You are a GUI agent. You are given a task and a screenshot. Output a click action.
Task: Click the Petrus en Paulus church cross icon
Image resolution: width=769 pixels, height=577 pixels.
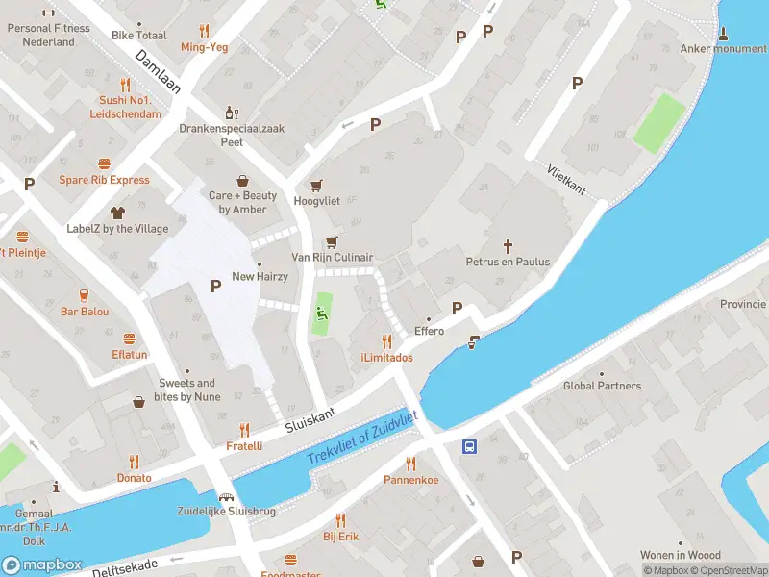509,245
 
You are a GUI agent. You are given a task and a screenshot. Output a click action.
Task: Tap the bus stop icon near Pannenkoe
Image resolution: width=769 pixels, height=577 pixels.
470,447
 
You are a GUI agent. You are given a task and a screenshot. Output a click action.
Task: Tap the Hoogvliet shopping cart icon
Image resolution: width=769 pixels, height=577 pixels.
316,186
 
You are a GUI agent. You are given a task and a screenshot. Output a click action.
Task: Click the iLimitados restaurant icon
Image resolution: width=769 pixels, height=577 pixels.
386,341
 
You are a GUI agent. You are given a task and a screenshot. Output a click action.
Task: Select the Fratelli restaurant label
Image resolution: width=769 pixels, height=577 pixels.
244,446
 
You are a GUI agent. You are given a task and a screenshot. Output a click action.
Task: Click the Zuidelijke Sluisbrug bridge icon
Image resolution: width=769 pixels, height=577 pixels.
228,497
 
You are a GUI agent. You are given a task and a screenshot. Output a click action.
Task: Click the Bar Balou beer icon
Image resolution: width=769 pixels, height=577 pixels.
85,294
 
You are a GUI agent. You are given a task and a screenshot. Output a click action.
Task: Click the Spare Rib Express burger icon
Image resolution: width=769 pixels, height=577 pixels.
104,163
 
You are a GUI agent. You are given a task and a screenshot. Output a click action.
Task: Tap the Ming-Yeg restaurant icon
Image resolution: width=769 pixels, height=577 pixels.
204,31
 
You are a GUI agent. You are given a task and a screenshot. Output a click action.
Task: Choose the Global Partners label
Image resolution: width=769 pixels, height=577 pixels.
602,387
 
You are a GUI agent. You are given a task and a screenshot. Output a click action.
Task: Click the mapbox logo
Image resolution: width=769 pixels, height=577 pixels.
42,565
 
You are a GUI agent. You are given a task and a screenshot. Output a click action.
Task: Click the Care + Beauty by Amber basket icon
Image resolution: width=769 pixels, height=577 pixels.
243,180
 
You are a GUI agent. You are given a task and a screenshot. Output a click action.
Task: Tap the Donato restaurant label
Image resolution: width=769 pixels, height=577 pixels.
134,478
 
